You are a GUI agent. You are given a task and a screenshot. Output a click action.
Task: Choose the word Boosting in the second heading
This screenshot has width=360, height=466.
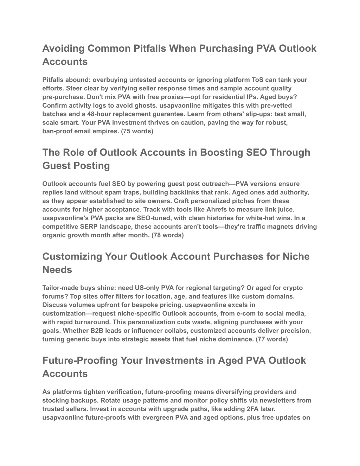click(219, 152)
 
